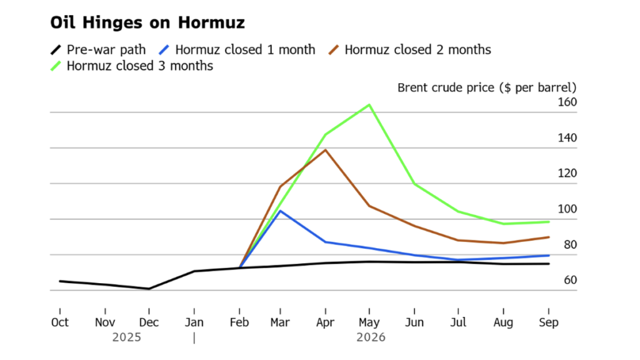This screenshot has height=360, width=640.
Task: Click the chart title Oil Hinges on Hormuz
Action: [147, 23]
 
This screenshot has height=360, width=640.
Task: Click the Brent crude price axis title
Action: [487, 87]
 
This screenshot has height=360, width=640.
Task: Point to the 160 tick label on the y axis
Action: [567, 102]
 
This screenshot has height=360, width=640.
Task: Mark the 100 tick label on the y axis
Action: [567, 209]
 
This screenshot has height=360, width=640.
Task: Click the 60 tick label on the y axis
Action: [570, 280]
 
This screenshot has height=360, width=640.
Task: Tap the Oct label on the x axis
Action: [60, 322]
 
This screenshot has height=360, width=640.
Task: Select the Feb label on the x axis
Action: [239, 322]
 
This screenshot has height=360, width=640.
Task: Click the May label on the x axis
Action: [369, 322]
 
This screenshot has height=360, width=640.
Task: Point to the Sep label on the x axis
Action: [549, 322]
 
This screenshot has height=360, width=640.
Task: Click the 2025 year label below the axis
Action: [127, 337]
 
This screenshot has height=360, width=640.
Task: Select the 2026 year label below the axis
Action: [371, 337]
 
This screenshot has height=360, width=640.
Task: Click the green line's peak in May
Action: [369, 105]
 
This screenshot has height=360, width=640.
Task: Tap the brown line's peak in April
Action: [325, 150]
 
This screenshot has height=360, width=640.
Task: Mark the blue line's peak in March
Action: [281, 211]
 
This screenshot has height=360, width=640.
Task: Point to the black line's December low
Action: [149, 289]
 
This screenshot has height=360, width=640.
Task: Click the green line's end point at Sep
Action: [549, 222]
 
